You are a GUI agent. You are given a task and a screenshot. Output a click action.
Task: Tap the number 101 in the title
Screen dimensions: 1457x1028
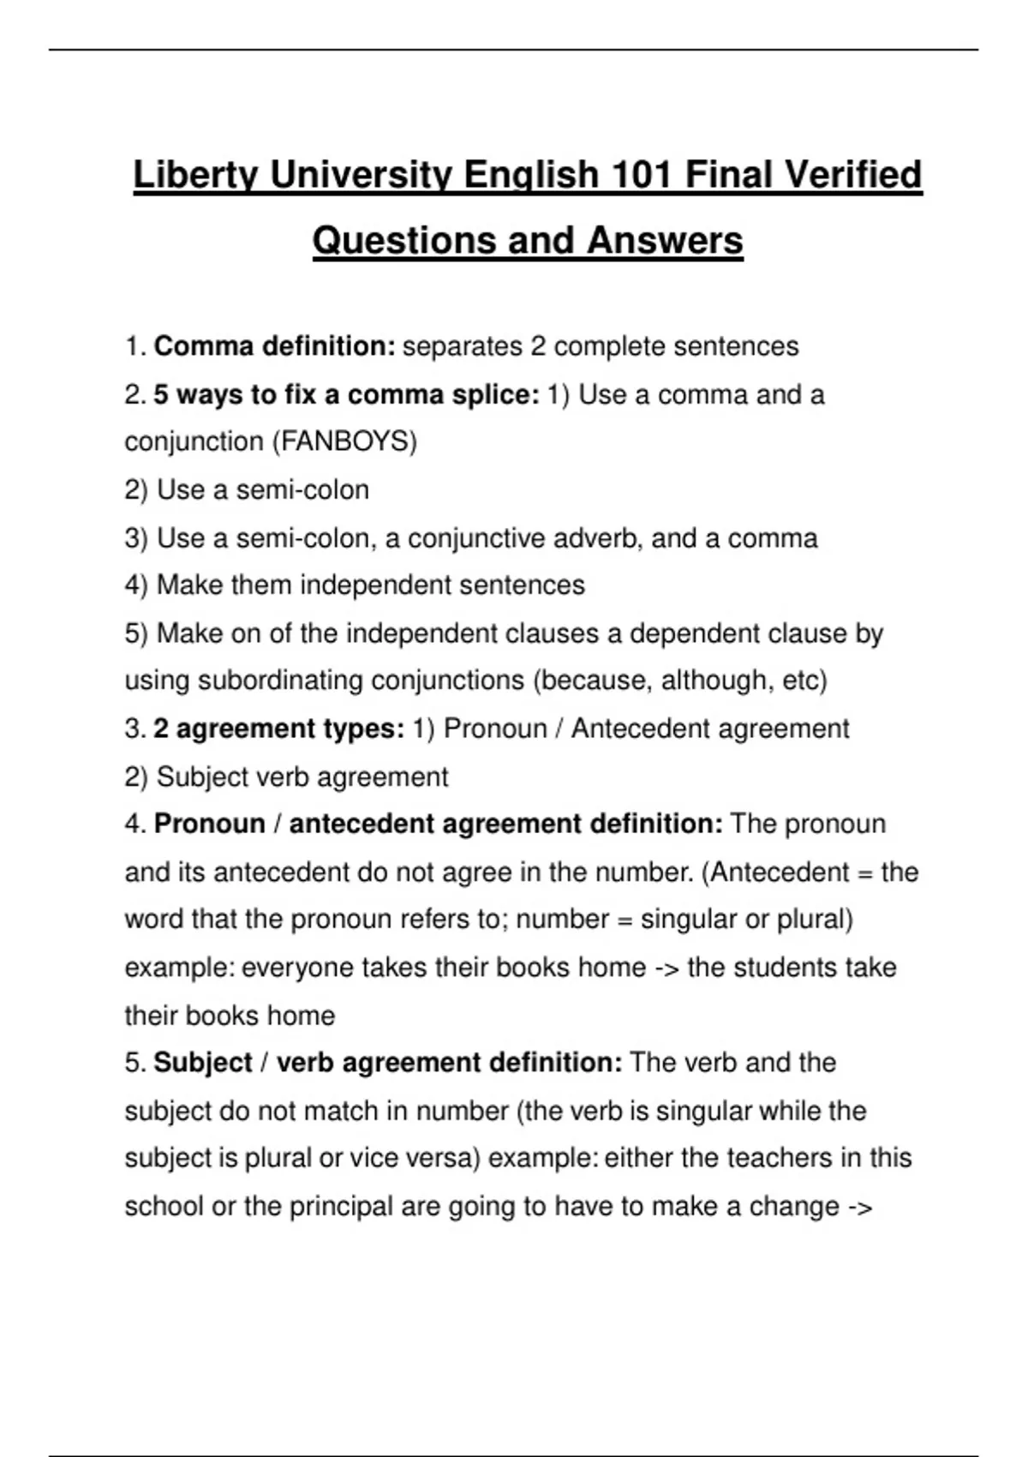(x=642, y=176)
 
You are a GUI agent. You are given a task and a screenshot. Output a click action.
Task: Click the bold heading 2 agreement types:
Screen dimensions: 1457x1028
(x=278, y=728)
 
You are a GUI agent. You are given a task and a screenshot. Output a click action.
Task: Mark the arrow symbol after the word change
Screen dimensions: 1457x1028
(x=859, y=1207)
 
